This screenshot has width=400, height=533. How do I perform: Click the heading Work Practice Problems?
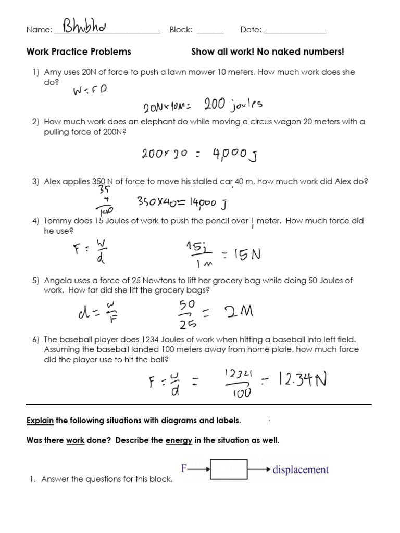[x=79, y=52]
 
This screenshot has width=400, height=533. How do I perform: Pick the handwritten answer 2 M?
[x=239, y=312]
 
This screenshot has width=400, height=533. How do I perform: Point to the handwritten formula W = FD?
[x=90, y=92]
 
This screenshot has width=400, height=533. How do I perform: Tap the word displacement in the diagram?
[x=301, y=469]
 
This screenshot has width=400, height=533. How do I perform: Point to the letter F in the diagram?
[x=184, y=468]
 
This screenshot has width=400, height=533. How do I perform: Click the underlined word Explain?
[x=40, y=421]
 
